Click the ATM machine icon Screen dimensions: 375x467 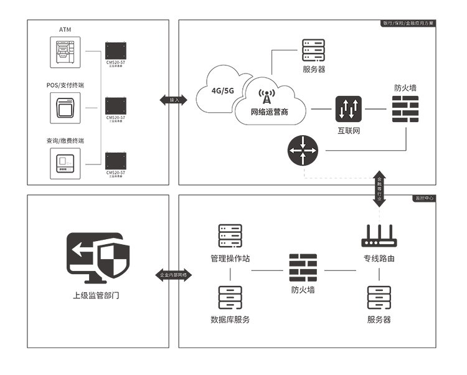66,52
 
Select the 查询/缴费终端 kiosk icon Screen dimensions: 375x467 66,162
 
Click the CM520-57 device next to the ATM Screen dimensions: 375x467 116,50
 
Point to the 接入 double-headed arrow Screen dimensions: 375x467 174,100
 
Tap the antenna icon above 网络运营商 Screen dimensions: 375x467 267,97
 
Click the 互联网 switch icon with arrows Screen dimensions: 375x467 349,110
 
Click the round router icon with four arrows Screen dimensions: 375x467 303,151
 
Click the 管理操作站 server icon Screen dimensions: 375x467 230,237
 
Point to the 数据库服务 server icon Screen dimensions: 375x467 230,298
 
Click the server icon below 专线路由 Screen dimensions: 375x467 379,298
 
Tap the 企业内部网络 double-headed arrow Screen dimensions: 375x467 174,274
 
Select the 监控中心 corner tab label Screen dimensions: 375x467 425,197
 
